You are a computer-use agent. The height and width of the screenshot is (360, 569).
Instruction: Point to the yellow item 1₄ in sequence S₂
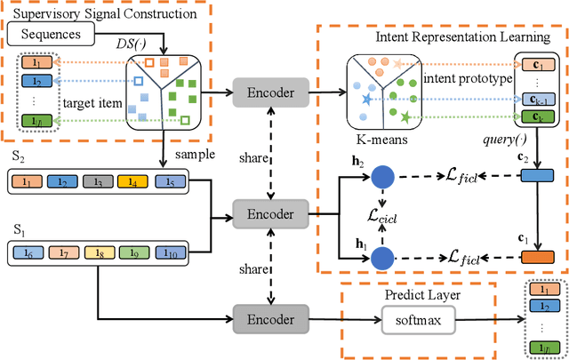(131, 183)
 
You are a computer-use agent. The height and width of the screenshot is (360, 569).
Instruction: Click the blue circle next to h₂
(383, 175)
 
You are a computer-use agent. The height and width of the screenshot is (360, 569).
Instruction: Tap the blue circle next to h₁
(383, 258)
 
